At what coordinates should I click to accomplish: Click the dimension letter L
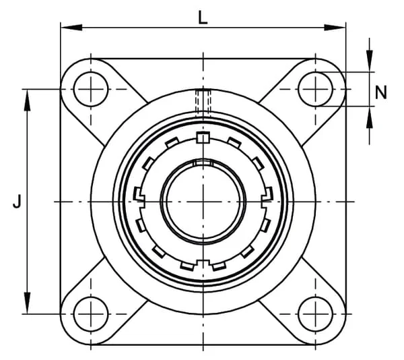tap(203, 18)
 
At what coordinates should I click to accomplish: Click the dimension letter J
tap(17, 202)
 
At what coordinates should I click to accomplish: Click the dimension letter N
tap(381, 92)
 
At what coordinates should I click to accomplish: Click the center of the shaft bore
tap(203, 202)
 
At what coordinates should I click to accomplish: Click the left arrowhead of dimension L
tap(71, 28)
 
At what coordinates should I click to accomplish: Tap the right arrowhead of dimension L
tap(335, 28)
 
